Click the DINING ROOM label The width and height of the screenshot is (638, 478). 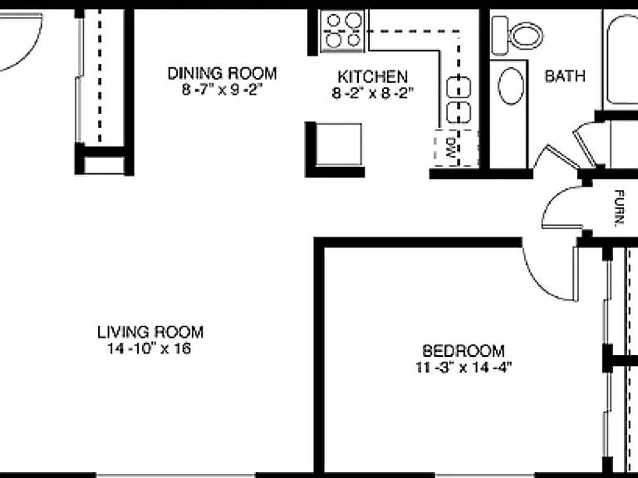click(222, 74)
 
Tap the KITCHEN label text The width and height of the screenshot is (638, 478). click(372, 76)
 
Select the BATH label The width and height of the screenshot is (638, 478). click(565, 76)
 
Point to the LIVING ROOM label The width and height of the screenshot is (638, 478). click(150, 332)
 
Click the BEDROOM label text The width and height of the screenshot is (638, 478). click(463, 350)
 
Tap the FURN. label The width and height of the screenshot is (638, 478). click(619, 208)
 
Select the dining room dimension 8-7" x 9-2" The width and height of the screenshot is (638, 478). click(220, 90)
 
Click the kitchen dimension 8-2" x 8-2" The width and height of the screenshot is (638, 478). click(372, 93)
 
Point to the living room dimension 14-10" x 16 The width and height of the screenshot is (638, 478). click(150, 349)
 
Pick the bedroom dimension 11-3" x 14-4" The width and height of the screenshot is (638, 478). click(463, 367)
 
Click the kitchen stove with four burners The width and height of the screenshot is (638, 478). click(341, 32)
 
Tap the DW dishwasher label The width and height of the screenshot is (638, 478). click(451, 148)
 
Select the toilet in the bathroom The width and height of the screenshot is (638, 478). click(517, 36)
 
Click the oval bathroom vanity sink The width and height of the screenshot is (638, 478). click(511, 86)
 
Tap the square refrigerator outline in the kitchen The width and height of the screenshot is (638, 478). click(339, 144)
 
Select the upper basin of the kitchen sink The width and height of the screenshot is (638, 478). click(459, 87)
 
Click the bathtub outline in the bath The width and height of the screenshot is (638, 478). click(622, 60)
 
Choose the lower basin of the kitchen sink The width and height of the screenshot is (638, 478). click(459, 113)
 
